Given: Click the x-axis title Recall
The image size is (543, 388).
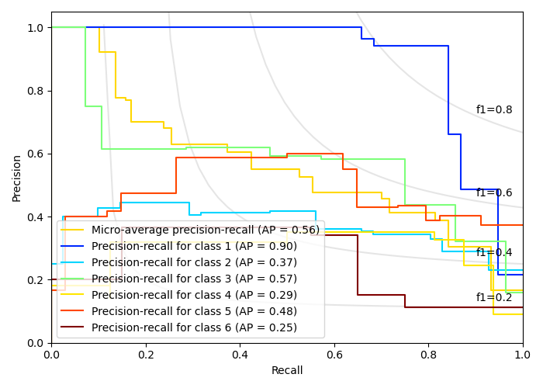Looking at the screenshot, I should tap(287, 371).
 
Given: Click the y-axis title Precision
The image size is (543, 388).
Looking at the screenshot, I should tap(17, 177).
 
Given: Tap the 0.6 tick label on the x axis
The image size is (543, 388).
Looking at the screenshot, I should tap(334, 355).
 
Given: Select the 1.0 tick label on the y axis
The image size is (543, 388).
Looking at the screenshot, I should tap(36, 28).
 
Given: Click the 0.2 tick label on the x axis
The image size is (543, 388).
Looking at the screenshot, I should tap(146, 355).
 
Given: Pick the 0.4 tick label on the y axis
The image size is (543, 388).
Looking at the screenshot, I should tap(36, 217).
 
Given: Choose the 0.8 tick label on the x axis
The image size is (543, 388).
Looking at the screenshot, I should tap(428, 355).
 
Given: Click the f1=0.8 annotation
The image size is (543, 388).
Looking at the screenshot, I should tap(494, 110).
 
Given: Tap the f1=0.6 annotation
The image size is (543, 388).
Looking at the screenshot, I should tap(494, 193).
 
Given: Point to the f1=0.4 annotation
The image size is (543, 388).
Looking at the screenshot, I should tap(494, 253).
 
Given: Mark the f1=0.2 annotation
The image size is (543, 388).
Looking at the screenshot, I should tap(494, 298).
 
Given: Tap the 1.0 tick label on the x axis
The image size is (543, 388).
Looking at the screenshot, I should tap(523, 355).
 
